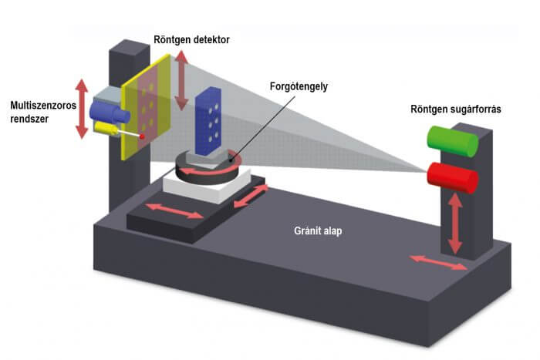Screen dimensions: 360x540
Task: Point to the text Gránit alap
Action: [x=316, y=230]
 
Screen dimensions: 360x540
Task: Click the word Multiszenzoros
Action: [x=42, y=105]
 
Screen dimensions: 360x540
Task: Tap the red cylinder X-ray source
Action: [x=454, y=177]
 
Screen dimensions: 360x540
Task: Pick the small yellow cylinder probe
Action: [x=110, y=132]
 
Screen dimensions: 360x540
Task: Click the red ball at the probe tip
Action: [x=141, y=136]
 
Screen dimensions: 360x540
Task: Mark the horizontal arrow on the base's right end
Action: [x=437, y=262]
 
